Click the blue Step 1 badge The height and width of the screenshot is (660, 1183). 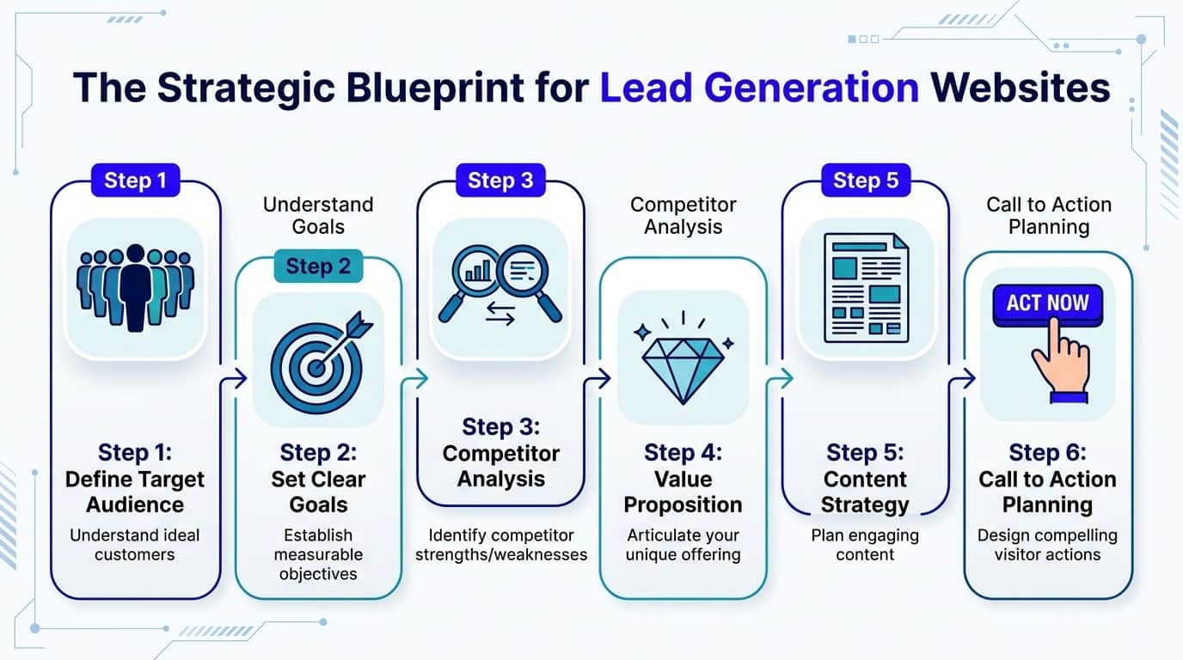[135, 180]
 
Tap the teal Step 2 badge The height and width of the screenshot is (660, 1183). [318, 266]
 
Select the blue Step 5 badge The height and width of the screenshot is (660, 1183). [865, 180]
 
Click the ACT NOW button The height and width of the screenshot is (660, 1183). [1047, 303]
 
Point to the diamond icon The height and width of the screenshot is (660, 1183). [683, 361]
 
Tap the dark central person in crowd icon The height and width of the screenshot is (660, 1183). [135, 288]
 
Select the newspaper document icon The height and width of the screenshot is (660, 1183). [866, 288]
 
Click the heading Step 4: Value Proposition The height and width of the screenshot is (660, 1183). [683, 479]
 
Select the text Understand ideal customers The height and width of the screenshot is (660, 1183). [135, 545]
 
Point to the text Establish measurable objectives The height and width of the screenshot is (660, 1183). [318, 554]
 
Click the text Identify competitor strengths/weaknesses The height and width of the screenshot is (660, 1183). [501, 545]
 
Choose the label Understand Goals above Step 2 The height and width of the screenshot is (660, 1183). [318, 215]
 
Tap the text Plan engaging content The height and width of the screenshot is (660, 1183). [865, 545]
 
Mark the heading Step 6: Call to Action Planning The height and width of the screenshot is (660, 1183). [1047, 479]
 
